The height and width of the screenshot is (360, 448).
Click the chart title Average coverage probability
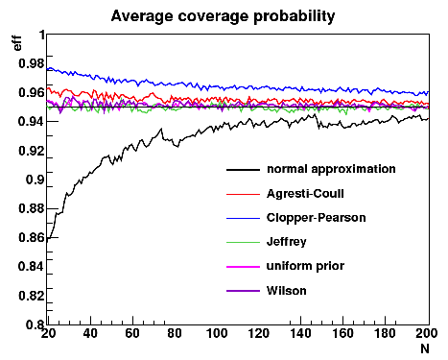[x=223, y=16]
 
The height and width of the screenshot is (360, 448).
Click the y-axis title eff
[x=17, y=43]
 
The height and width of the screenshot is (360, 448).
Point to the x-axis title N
[x=425, y=348]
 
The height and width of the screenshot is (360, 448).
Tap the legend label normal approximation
[x=331, y=169]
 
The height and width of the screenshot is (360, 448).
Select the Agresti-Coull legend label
[x=305, y=194]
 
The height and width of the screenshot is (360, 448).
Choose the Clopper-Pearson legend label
[x=317, y=218]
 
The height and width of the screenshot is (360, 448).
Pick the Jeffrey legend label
[x=287, y=242]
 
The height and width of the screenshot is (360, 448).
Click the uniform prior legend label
[x=305, y=266]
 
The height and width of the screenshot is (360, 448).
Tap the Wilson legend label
[x=287, y=291]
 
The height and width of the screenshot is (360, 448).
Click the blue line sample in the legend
[x=243, y=218]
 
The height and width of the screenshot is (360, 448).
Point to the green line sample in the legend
[x=243, y=242]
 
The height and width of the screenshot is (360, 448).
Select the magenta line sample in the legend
[x=243, y=267]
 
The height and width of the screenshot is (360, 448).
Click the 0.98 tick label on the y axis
[x=32, y=63]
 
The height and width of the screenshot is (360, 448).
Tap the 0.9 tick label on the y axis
[x=35, y=180]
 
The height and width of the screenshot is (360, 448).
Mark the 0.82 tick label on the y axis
[x=32, y=296]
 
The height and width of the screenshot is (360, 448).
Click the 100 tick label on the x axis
[x=217, y=333]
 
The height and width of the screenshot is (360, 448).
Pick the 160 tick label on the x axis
[x=342, y=333]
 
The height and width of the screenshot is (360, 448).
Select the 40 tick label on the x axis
[x=90, y=333]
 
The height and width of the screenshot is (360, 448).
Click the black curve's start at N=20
[x=47, y=242]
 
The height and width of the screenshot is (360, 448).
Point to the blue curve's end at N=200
[x=429, y=92]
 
